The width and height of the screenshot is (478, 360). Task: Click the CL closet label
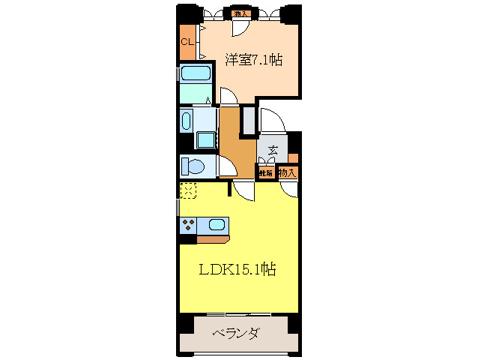click(187, 42)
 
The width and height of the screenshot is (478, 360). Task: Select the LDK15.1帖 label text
click(237, 269)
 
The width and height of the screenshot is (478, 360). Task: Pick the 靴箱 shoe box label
click(265, 173)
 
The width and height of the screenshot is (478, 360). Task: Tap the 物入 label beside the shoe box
click(287, 173)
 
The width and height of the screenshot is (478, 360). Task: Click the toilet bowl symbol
click(193, 165)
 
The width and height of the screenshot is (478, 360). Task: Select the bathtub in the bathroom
click(194, 74)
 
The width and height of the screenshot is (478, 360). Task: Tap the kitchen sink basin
click(217, 223)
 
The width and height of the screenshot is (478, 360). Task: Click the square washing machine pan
click(205, 139)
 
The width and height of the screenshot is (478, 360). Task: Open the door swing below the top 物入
click(240, 27)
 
